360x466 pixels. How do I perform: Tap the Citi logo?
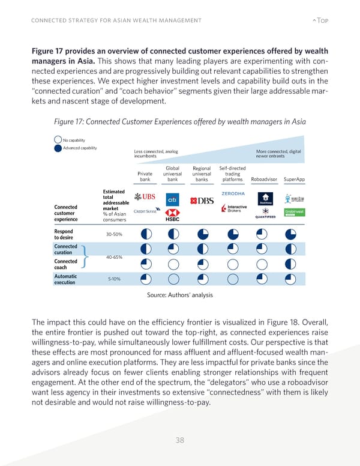click(x=172, y=199)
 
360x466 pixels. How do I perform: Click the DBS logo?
click(x=202, y=201)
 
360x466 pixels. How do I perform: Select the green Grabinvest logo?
click(x=291, y=213)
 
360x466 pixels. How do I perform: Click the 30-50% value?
click(x=114, y=234)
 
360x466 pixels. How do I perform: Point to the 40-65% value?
click(x=114, y=258)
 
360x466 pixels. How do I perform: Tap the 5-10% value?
click(x=114, y=279)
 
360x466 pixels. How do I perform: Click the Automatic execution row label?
click(x=65, y=279)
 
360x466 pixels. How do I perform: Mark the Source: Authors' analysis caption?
click(x=179, y=295)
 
